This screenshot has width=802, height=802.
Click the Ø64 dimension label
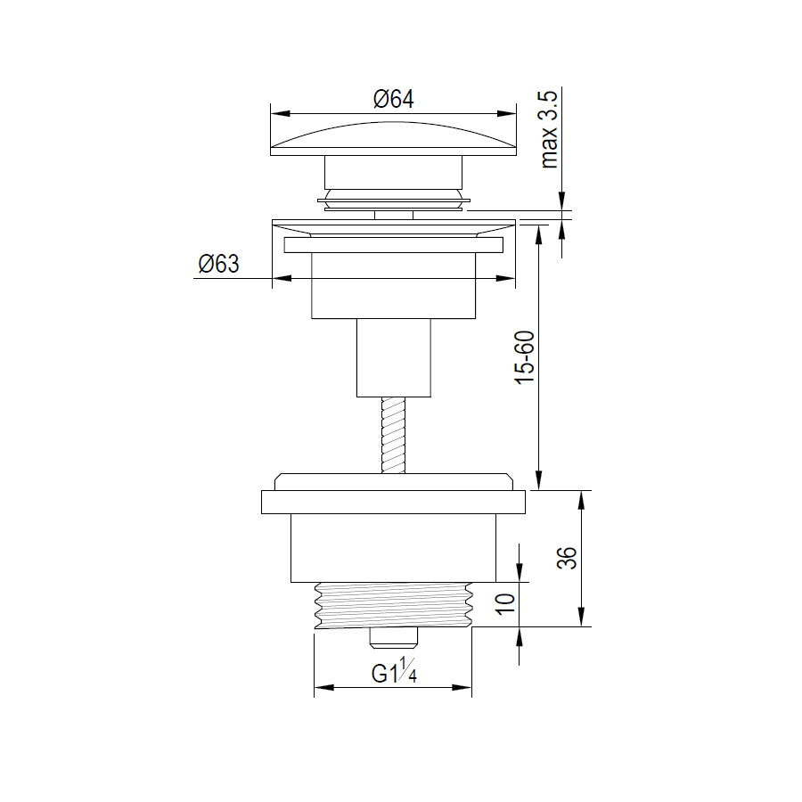[394, 100]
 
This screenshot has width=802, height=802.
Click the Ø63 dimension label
[218, 265]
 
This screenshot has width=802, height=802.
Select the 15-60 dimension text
[526, 357]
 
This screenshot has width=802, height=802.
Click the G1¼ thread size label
[394, 675]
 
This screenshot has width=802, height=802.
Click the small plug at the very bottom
[393, 638]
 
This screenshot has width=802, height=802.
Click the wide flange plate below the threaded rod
[393, 501]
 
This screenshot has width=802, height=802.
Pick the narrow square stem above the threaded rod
[393, 356]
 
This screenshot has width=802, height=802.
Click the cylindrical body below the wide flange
[393, 546]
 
